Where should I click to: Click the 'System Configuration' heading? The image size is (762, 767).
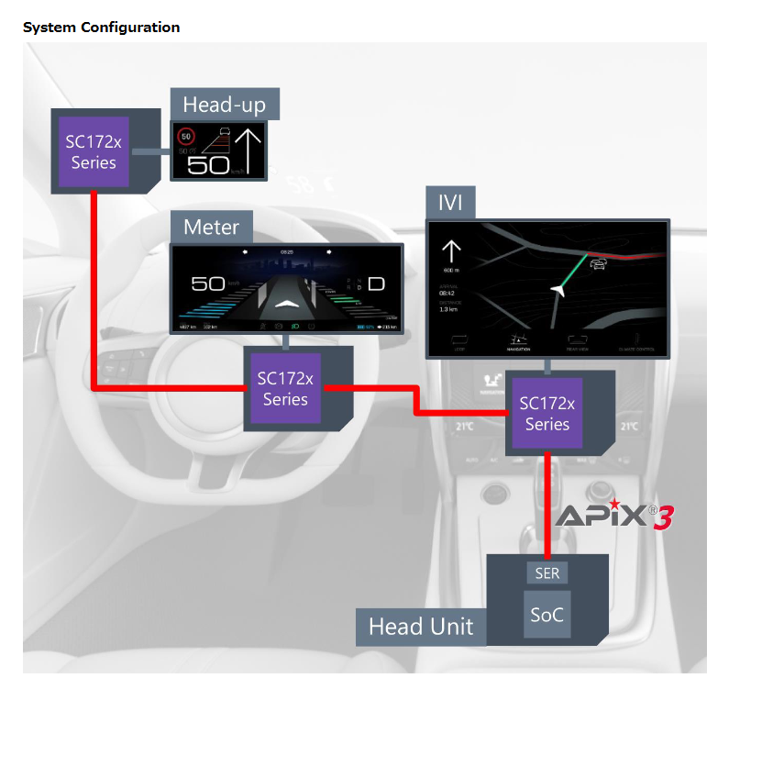click(101, 28)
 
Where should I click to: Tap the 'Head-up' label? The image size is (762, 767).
click(225, 105)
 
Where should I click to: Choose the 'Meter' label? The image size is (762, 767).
click(211, 227)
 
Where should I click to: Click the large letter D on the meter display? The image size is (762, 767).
click(377, 283)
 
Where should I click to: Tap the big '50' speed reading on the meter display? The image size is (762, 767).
click(209, 283)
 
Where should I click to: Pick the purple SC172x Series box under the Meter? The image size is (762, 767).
click(285, 388)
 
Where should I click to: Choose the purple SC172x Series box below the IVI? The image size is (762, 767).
click(547, 414)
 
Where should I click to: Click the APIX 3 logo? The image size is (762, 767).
click(615, 515)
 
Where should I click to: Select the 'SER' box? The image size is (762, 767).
click(547, 572)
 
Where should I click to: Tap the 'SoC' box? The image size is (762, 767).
click(547, 616)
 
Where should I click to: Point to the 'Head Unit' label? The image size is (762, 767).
click(421, 627)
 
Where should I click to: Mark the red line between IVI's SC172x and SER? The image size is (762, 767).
click(547, 505)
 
